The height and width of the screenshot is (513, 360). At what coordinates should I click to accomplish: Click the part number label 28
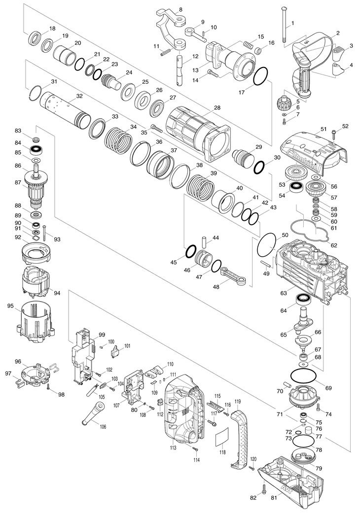pos(217,107)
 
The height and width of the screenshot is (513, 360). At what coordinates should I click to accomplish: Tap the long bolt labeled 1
pos(284,25)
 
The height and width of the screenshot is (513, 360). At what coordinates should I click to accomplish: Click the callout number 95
pos(10,306)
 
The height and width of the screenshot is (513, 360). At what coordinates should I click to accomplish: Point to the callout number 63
pos(284,293)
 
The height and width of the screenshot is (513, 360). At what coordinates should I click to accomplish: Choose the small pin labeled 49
pos(266,264)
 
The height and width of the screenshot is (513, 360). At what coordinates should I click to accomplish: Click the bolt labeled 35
pos(157,128)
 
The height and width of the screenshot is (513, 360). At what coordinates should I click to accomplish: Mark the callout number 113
pos(173,447)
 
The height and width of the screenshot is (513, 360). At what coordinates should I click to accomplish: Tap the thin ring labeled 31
pos(36,92)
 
